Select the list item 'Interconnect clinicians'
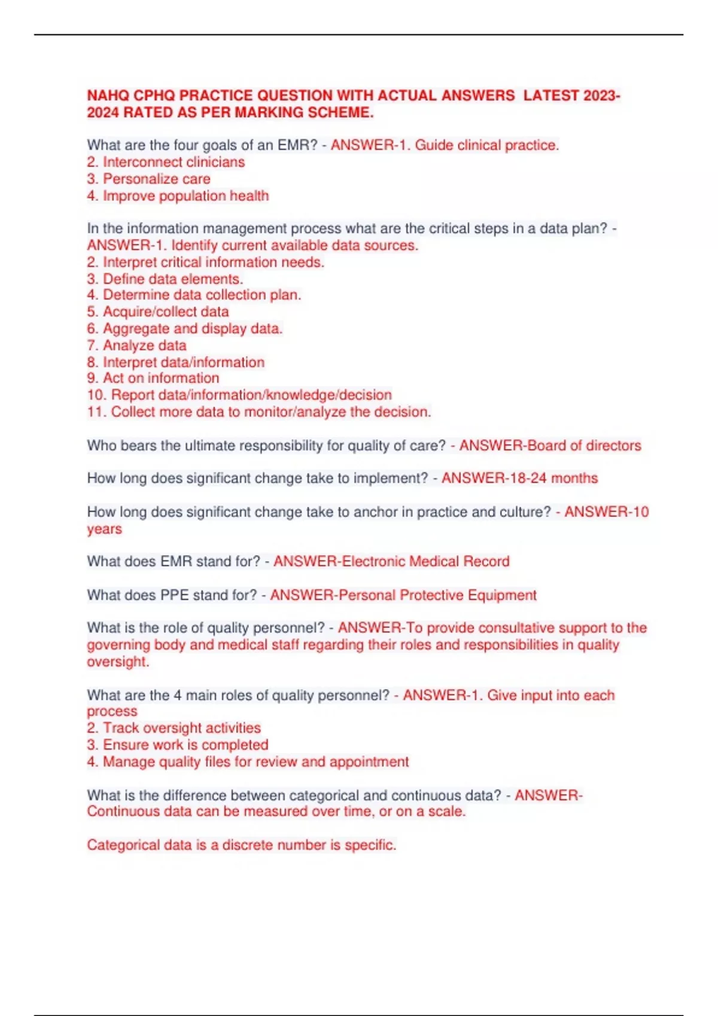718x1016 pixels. click(x=174, y=162)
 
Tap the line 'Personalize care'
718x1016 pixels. click(x=156, y=179)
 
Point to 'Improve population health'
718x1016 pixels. click(x=185, y=195)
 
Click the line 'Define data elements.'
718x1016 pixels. click(x=173, y=279)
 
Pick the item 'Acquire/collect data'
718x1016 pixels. click(x=166, y=311)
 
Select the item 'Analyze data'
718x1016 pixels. click(x=144, y=345)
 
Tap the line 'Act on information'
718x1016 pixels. click(x=161, y=378)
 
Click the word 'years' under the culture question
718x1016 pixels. click(x=104, y=529)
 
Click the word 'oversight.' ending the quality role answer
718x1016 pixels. click(x=118, y=662)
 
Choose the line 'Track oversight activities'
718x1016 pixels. click(x=181, y=728)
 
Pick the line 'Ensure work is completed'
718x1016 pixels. click(x=185, y=745)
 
